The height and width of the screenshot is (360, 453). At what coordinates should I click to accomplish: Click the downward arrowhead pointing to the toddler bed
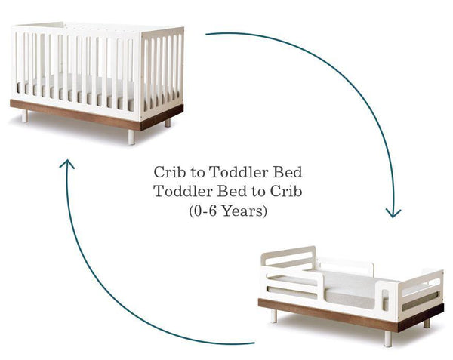tap(393, 211)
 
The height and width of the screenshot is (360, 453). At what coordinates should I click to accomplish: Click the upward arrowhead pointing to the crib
tap(68, 165)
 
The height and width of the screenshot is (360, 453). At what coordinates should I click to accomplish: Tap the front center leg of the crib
tap(131, 137)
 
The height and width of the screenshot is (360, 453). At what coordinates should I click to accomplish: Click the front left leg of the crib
tap(24, 116)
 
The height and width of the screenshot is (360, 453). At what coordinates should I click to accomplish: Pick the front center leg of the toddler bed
tap(387, 338)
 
